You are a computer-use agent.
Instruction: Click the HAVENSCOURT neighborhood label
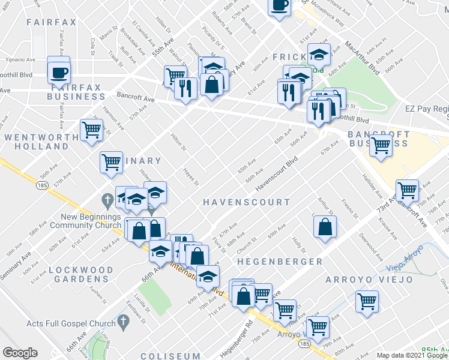coord(246,202)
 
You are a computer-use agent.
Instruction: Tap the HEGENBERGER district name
coord(279,262)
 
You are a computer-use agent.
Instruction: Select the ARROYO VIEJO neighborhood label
coord(369,280)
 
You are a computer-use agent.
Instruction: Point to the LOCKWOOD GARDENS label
coord(79,274)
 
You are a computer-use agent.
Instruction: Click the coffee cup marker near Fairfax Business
coord(58,73)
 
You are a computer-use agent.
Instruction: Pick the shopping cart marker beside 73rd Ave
coord(408,190)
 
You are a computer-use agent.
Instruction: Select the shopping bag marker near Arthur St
coord(324,226)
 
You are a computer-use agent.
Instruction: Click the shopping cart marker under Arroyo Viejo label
coord(367,301)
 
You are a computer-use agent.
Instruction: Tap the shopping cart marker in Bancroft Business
coord(381,145)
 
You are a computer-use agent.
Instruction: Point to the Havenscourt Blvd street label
coord(277,175)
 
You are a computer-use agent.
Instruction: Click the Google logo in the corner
coord(19,353)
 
